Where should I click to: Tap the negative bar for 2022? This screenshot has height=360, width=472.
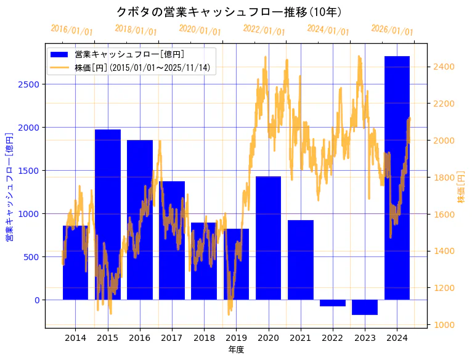pyautogui.click(x=333, y=303)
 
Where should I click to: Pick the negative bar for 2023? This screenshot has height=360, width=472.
pyautogui.click(x=365, y=307)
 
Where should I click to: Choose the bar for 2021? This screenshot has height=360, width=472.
pyautogui.click(x=301, y=260)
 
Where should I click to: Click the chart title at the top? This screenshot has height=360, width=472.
pyautogui.click(x=229, y=12)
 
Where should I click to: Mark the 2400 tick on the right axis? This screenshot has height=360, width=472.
pyautogui.click(x=444, y=67)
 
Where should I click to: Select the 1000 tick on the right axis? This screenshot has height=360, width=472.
pyautogui.click(x=444, y=325)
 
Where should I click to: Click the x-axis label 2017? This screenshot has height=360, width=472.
pyautogui.click(x=172, y=338)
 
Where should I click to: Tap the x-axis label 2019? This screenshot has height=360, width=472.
pyautogui.click(x=236, y=338)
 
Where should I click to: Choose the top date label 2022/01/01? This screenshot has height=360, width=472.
pyautogui.click(x=264, y=30)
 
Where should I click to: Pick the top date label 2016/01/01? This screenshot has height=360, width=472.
pyautogui.click(x=71, y=30)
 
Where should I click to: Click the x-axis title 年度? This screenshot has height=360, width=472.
pyautogui.click(x=236, y=350)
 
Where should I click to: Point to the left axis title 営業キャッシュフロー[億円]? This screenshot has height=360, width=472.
pyautogui.click(x=9, y=186)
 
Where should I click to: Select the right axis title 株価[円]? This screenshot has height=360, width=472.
pyautogui.click(x=461, y=187)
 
